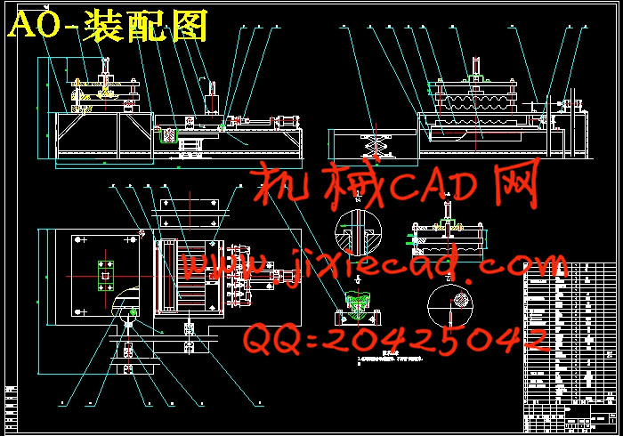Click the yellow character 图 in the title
coord(189,27)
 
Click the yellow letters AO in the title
coord(34,27)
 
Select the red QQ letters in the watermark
coord(271,339)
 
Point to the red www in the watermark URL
coord(214,265)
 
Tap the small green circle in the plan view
coord(133,311)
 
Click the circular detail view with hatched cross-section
coord(356,235)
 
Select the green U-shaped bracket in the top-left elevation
coord(164,135)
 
